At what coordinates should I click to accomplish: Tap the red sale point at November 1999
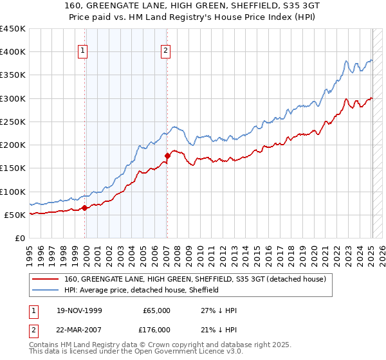(x=85, y=208)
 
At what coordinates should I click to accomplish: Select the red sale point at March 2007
(x=167, y=156)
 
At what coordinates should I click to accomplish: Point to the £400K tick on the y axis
(x=12, y=52)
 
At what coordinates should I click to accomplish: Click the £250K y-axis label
(x=12, y=122)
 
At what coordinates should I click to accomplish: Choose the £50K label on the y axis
(x=15, y=215)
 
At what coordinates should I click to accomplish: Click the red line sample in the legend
(x=46, y=280)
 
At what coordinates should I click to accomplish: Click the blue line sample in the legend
(x=46, y=290)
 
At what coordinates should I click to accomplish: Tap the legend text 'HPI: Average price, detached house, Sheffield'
(x=142, y=290)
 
